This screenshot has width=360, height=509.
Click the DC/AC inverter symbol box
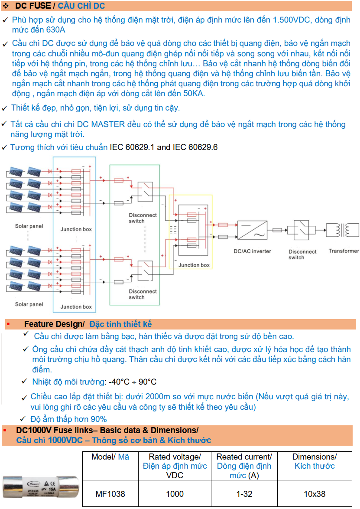[x=252, y=230]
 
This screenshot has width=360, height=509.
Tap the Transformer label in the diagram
[x=344, y=251]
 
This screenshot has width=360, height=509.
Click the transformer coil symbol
[x=343, y=230]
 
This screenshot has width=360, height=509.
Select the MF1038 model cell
[x=110, y=494]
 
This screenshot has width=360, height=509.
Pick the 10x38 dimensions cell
[x=314, y=494]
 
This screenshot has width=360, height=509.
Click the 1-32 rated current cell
[x=244, y=494]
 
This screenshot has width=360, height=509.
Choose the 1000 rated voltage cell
[x=175, y=494]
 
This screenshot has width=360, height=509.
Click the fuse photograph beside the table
[x=41, y=487]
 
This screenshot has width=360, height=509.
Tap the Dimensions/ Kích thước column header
[x=315, y=461]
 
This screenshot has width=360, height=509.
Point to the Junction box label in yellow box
[x=194, y=265]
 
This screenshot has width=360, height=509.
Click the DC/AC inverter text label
[x=252, y=251]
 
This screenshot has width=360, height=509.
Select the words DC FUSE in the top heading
[x=33, y=6]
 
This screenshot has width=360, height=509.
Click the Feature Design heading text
[x=54, y=324]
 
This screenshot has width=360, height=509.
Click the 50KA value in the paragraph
[x=194, y=94]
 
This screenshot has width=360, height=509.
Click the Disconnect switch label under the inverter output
[x=302, y=254]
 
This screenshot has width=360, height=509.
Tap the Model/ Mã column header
[x=110, y=457]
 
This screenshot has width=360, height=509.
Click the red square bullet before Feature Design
[x=8, y=324]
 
